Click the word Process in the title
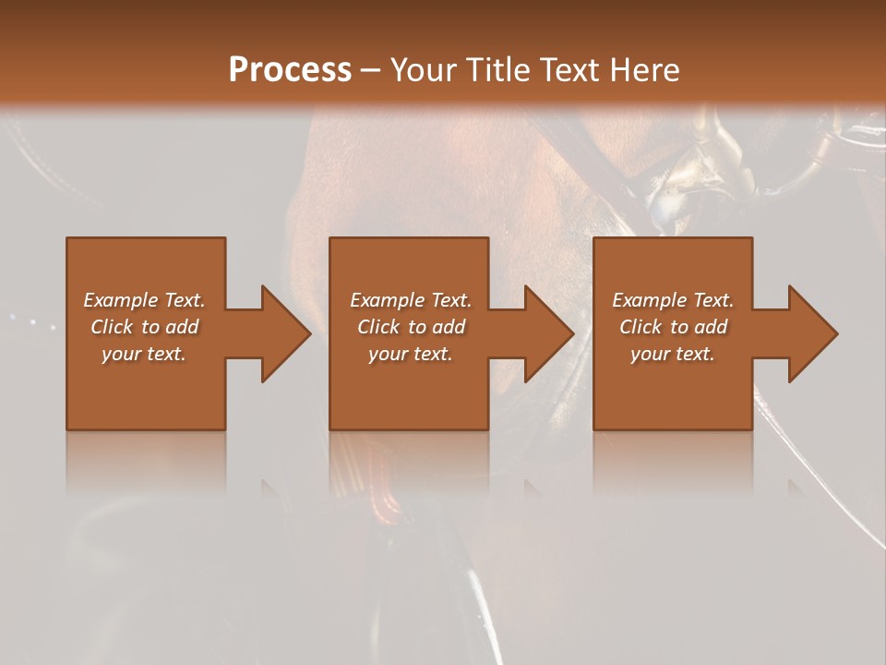tap(290, 69)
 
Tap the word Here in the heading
tap(646, 69)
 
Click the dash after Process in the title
tap(369, 70)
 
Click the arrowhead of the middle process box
tap(547, 333)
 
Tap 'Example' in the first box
tap(121, 300)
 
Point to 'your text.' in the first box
tap(144, 354)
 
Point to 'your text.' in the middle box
tap(411, 354)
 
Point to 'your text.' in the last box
tap(673, 354)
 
